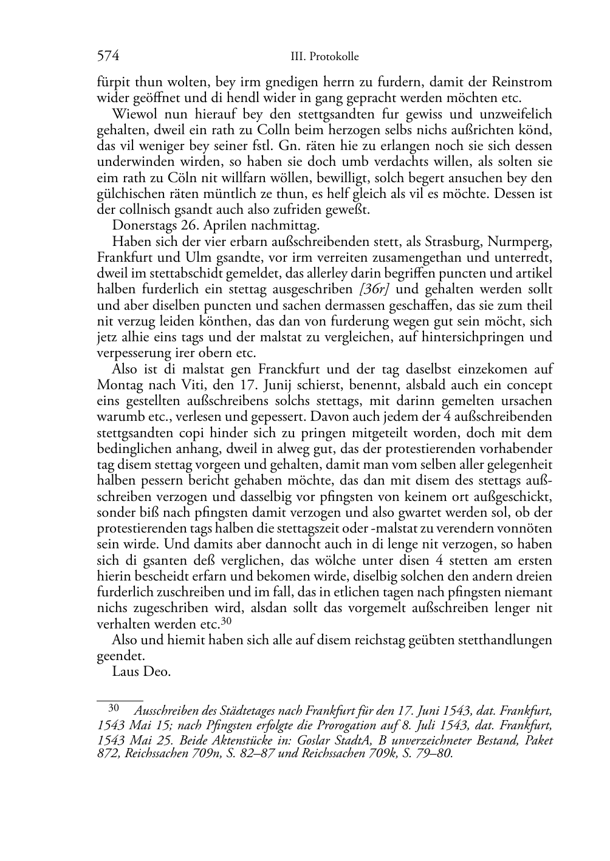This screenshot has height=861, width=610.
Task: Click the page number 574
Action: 108,56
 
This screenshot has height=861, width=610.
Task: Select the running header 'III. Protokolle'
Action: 325,57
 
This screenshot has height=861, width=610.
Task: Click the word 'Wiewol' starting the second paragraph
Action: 132,114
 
